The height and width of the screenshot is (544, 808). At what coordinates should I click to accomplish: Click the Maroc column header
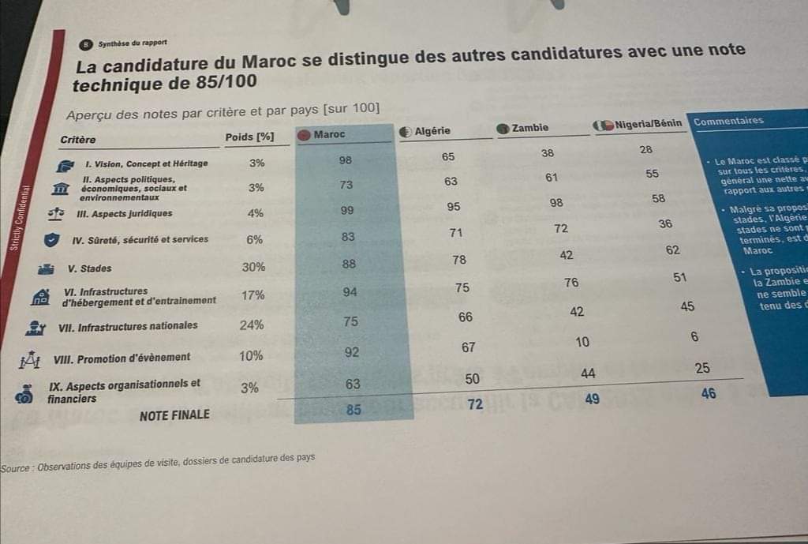tap(329, 134)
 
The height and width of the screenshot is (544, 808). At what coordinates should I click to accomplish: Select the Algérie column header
tap(432, 131)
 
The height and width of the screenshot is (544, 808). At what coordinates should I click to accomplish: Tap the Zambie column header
tap(529, 128)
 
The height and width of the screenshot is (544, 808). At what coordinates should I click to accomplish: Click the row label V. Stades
tap(95, 268)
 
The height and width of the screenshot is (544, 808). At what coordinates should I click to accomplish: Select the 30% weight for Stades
tap(253, 267)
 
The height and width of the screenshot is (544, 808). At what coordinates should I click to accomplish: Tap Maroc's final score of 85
tap(353, 409)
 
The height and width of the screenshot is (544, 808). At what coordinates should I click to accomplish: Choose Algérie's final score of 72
tap(475, 405)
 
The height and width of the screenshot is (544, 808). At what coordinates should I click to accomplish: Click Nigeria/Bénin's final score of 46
tap(709, 392)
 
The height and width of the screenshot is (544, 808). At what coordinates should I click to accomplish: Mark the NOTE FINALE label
tap(174, 415)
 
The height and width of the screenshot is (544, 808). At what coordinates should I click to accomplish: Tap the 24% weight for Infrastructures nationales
tap(252, 325)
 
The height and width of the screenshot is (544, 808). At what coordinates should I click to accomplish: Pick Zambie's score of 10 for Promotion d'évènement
tap(582, 342)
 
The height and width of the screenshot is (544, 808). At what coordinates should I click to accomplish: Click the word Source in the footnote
tap(15, 467)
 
